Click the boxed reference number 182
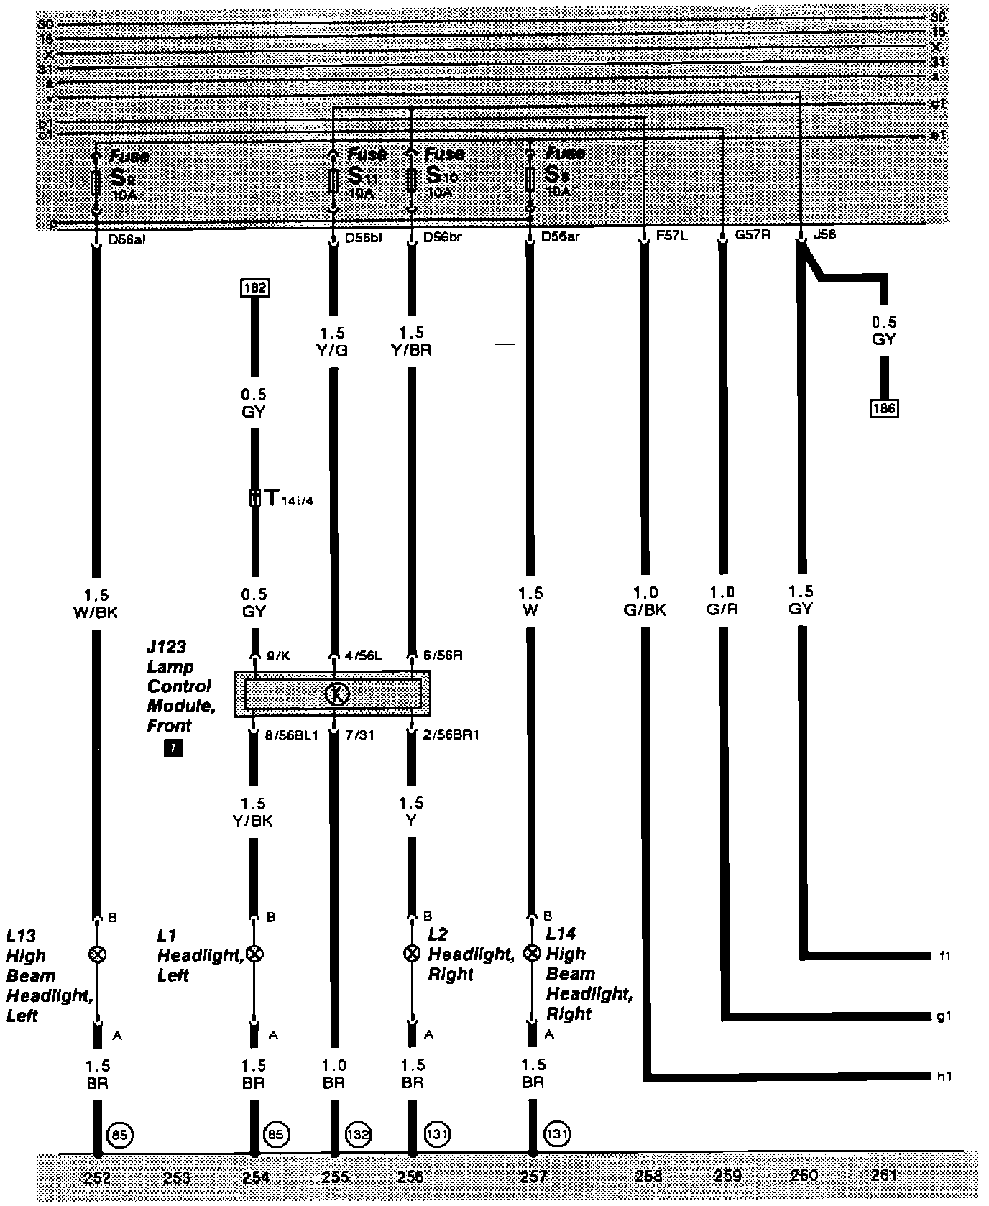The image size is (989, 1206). point(255,288)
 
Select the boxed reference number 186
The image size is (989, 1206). point(884,408)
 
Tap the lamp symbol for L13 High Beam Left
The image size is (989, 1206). point(97,954)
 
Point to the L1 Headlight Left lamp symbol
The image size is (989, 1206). point(254,954)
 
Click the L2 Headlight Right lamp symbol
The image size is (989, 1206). point(412,954)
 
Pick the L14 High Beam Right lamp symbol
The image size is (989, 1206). point(532,954)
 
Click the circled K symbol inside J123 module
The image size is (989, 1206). point(336,694)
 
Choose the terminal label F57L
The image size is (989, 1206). point(672,235)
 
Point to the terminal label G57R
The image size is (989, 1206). point(752,234)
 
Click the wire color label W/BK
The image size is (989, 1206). point(97,612)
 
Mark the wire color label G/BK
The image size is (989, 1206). point(645,609)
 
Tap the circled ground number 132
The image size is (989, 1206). point(358,1135)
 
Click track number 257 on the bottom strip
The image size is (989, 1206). point(533,1177)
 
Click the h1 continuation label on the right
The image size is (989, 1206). point(944,1077)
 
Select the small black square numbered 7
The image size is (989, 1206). point(173,749)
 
